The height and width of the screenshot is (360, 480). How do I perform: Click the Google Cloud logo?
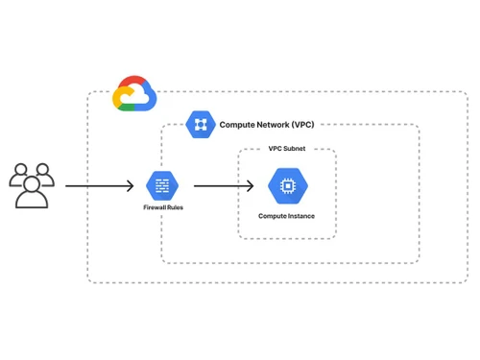click(133, 93)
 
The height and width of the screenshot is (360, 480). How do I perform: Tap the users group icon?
click(32, 184)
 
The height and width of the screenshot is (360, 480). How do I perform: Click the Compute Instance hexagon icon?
click(286, 186)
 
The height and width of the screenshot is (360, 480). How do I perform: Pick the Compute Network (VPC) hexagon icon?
click(201, 124)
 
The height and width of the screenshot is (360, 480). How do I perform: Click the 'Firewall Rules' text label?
click(163, 207)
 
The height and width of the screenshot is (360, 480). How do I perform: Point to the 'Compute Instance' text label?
click(286, 216)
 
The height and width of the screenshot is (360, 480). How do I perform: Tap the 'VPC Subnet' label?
click(286, 150)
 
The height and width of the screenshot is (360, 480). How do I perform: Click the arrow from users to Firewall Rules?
click(101, 185)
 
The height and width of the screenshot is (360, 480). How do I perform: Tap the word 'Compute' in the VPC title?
click(237, 125)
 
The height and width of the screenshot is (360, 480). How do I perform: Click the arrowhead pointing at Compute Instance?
click(251, 185)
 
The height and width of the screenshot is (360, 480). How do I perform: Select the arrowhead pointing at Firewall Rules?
click(131, 185)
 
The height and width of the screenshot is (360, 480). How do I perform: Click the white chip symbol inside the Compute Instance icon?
click(286, 186)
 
